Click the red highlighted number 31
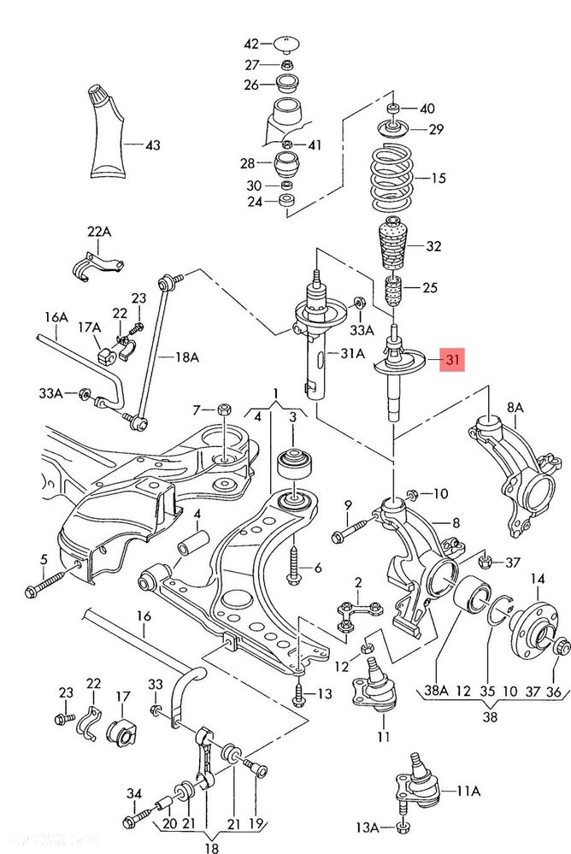452,359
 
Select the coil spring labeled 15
391,178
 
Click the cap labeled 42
286,44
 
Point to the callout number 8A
515,408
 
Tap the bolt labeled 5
53,579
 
